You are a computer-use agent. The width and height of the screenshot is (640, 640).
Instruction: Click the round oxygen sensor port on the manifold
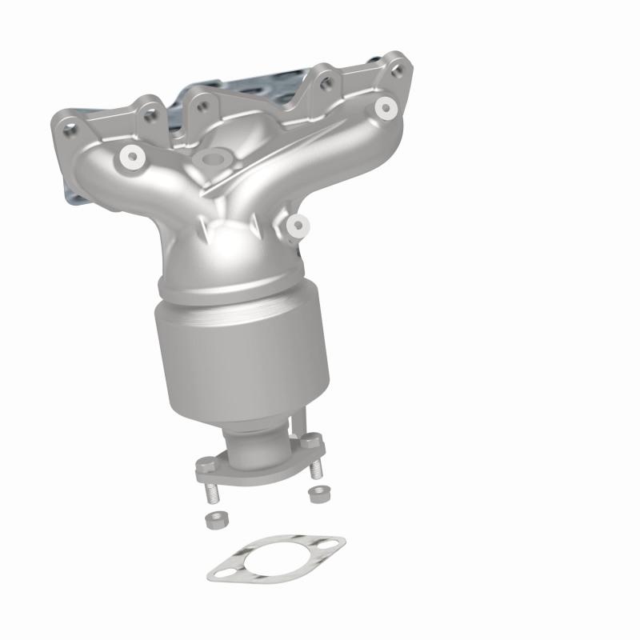(212, 160)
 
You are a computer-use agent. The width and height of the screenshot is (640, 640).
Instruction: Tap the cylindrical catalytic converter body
(244, 352)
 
